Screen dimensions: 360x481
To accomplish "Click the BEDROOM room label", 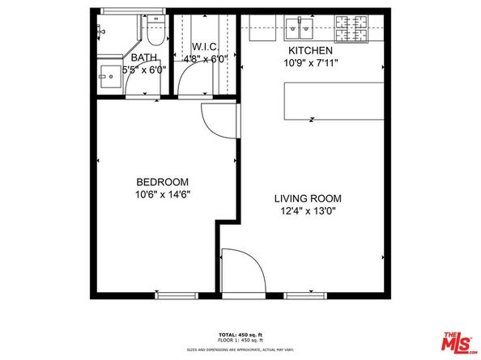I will pyautogui.click(x=163, y=181).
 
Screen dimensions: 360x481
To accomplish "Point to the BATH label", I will pyautogui.click(x=144, y=57).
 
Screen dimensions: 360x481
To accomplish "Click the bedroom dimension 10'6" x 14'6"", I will pyautogui.click(x=163, y=194).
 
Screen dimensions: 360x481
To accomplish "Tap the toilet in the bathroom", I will pyautogui.click(x=156, y=30).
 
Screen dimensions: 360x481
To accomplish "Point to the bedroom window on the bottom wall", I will pyautogui.click(x=177, y=295).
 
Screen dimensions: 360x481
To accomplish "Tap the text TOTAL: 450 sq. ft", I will pyautogui.click(x=240, y=334).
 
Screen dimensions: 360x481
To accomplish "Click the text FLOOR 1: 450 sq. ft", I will pyautogui.click(x=240, y=340).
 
